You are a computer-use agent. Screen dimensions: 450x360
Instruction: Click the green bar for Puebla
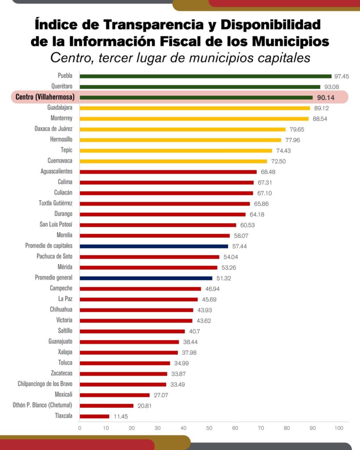pos(205,76)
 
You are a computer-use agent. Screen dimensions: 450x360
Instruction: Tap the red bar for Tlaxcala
pos(95,416)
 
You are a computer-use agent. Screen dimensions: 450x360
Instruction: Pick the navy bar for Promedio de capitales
pos(154,246)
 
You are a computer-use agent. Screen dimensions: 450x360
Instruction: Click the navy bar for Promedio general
pos(146,278)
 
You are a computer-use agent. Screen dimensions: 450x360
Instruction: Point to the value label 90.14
pos(326,98)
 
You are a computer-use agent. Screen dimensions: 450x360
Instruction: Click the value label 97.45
pos(342,76)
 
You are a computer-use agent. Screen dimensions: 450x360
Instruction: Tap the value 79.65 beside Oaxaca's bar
pos(295,129)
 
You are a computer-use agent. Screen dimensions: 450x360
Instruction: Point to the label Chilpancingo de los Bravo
pos(45,384)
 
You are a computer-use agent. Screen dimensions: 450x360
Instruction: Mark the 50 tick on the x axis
pos(209,428)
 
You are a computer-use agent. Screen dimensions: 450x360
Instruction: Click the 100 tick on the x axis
pos(338,428)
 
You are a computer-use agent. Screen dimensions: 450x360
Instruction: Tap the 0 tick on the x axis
pos(80,428)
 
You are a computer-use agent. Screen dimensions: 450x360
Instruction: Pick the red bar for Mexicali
pos(115,395)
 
